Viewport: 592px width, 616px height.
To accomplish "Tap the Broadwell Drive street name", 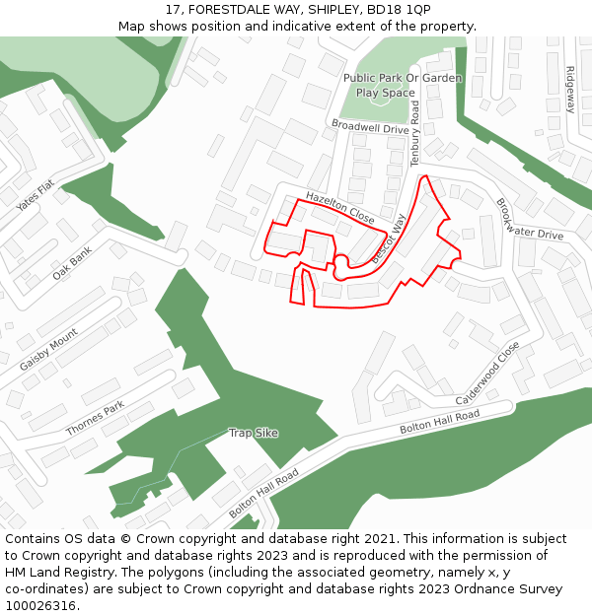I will coord(370,128).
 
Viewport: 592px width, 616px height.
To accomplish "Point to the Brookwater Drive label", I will coord(529,220).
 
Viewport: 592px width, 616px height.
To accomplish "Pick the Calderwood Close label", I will coord(487,376).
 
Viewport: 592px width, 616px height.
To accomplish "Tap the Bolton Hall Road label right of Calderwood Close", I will coord(439,423).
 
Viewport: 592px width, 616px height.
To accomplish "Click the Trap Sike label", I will coord(254,433).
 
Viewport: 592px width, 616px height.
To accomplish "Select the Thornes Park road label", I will coord(95,419).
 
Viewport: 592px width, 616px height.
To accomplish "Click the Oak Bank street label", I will coord(72,263).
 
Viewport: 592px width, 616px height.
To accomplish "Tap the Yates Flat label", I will coord(36,197).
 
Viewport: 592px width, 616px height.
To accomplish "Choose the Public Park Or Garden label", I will coord(402,78).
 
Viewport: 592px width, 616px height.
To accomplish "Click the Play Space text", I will coord(386,93).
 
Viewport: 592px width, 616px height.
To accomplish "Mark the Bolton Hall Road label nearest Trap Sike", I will coord(263,495).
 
